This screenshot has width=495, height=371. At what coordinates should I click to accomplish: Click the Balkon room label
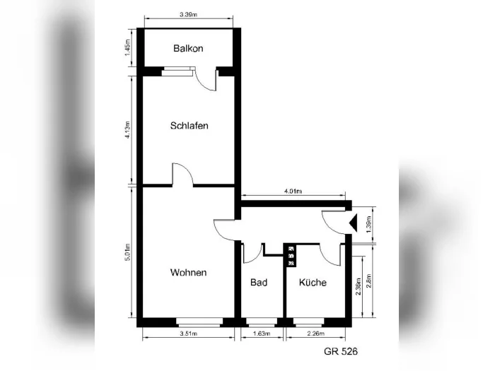pyautogui.click(x=188, y=48)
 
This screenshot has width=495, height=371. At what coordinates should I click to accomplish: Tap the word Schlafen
pyautogui.click(x=189, y=126)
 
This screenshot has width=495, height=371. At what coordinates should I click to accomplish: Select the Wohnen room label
pyautogui.click(x=189, y=272)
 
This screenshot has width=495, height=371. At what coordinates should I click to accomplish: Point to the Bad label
pyautogui.click(x=259, y=282)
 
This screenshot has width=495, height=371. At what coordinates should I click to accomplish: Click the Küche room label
pyautogui.click(x=313, y=282)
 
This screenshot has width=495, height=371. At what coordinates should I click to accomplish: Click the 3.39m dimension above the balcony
pyautogui.click(x=189, y=15)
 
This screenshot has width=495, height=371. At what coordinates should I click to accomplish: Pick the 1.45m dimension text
pyautogui.click(x=127, y=47)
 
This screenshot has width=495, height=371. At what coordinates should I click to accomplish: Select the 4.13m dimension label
pyautogui.click(x=127, y=129)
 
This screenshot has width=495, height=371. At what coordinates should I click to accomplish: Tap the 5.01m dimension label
pyautogui.click(x=127, y=252)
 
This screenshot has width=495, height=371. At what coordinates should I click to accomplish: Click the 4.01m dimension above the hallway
pyautogui.click(x=293, y=192)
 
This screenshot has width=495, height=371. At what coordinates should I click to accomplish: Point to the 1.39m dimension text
pyautogui.click(x=368, y=224)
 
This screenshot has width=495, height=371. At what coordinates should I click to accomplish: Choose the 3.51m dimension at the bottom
pyautogui.click(x=189, y=334)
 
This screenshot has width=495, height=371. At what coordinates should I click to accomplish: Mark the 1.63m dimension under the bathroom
pyautogui.click(x=262, y=334)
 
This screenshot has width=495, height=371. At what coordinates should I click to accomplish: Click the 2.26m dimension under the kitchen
pyautogui.click(x=315, y=334)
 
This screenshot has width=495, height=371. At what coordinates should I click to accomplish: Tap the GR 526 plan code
pyautogui.click(x=341, y=351)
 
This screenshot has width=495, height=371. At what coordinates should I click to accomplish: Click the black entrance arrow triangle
pyautogui.click(x=354, y=223)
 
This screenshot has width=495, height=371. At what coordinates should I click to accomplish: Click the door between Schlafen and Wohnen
pyautogui.click(x=182, y=175)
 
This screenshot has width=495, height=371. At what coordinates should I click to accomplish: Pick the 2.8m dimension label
pyautogui.click(x=368, y=281)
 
